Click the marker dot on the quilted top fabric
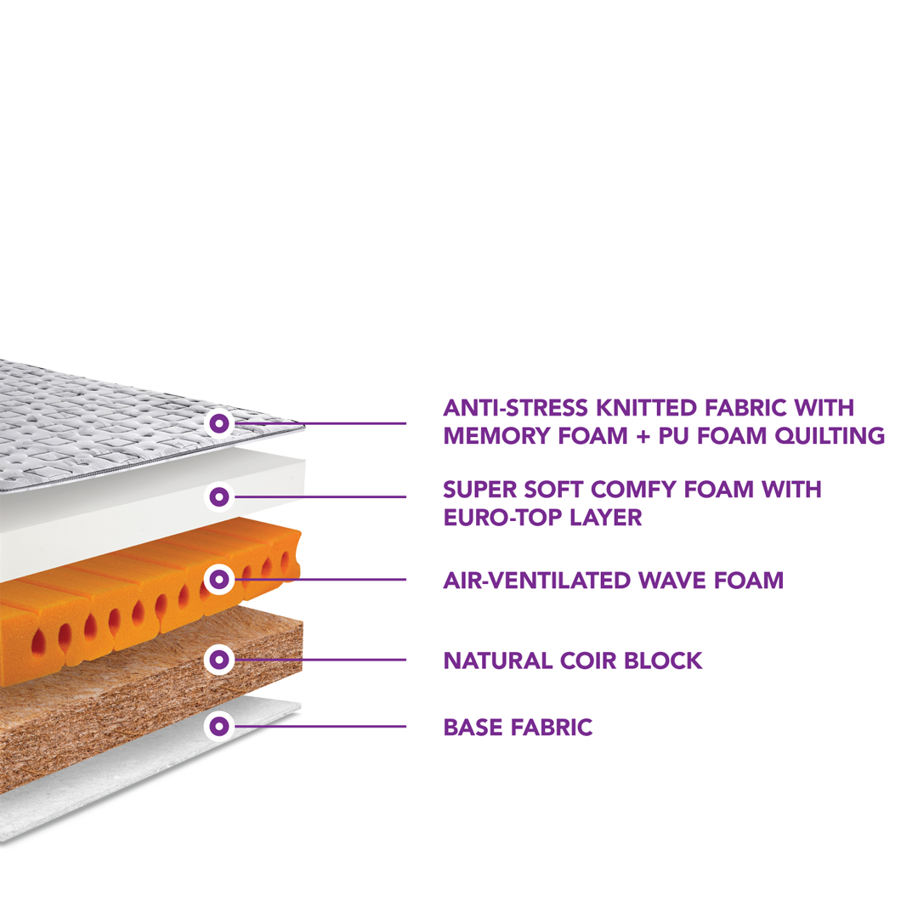[x=219, y=422]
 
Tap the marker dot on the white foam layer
[x=219, y=495]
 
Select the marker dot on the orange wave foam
[x=219, y=580]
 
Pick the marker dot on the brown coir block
[x=219, y=658]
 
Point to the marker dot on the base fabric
[x=219, y=726]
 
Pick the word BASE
[x=472, y=728]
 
